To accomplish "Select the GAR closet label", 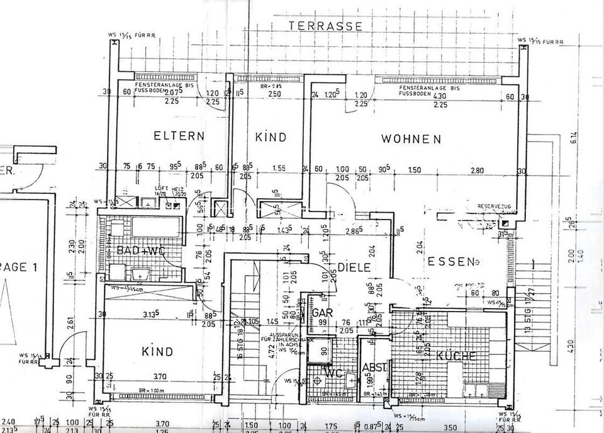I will [x=323, y=313].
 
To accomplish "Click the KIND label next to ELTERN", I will [x=271, y=137].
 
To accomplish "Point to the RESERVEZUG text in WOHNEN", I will [x=493, y=206].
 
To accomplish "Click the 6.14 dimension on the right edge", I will [x=573, y=138].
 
